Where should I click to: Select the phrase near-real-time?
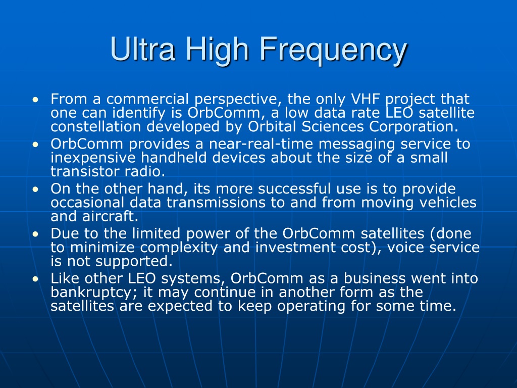tap(261, 144)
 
